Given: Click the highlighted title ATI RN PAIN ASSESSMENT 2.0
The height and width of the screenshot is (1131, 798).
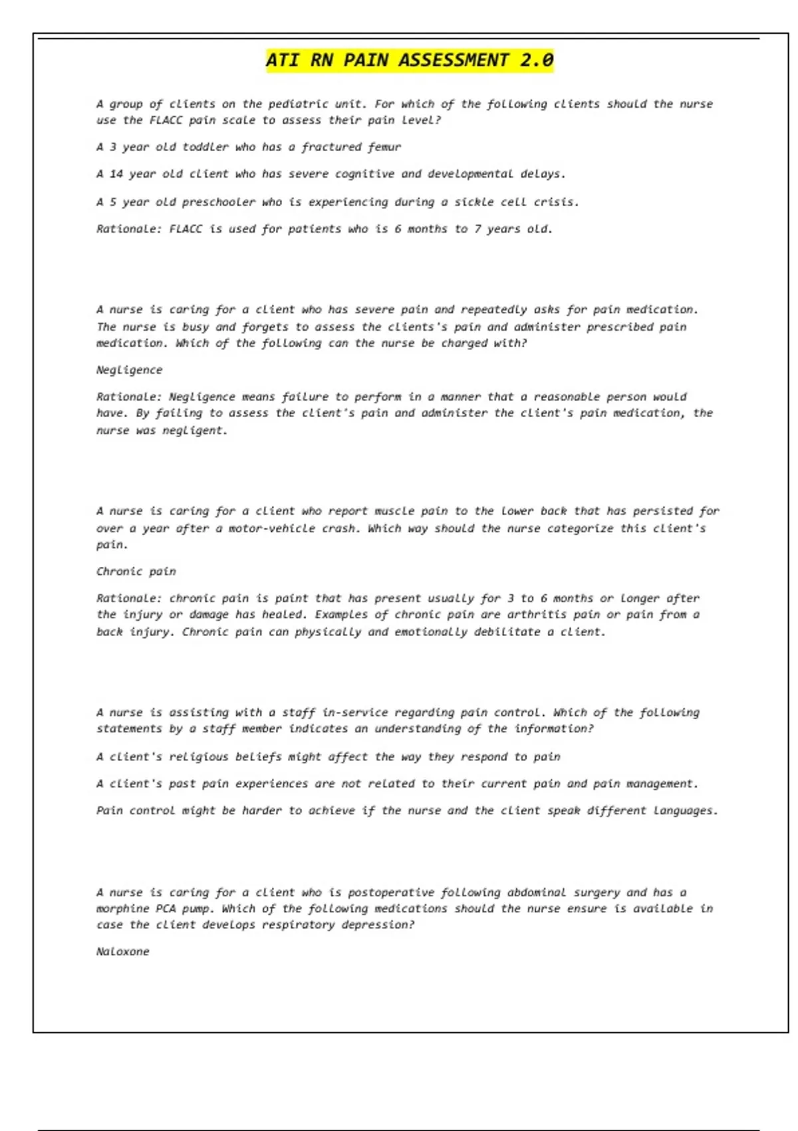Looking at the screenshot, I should [x=410, y=61].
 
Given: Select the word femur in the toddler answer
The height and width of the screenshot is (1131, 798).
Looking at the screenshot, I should [x=384, y=147].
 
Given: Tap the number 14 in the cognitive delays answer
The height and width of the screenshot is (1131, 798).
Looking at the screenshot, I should [x=116, y=174].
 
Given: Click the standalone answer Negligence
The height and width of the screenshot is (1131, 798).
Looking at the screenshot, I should [x=129, y=370].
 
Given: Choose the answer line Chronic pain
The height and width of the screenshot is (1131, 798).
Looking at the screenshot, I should [x=136, y=571].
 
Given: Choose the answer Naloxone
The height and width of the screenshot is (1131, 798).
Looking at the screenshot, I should [x=122, y=952].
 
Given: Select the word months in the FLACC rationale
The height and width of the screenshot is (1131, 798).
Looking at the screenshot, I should [x=427, y=230].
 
